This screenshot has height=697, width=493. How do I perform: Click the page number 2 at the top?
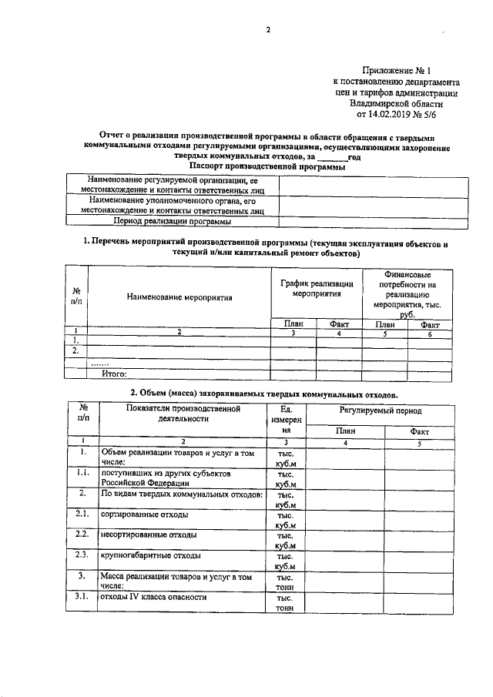click(x=268, y=30)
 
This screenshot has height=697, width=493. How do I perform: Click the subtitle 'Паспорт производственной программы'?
click(x=267, y=166)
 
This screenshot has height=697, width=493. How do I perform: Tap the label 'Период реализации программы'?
click(x=172, y=221)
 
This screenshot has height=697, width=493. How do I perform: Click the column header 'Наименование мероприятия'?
click(x=179, y=296)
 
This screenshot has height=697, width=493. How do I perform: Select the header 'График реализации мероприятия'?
click(x=317, y=289)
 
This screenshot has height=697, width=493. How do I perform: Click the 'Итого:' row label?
click(x=115, y=374)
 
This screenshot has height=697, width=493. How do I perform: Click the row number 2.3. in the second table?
click(x=83, y=555)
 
